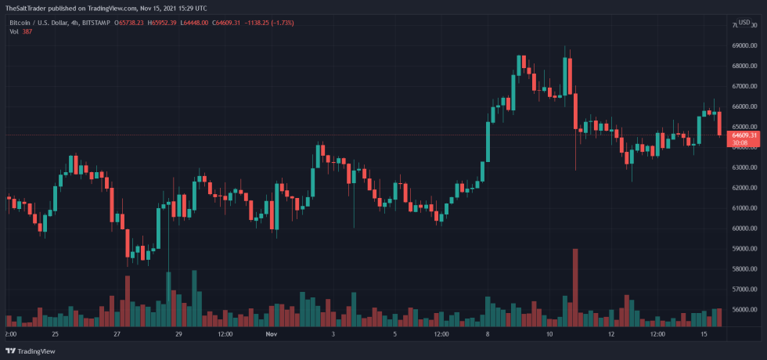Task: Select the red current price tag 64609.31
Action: (743, 135)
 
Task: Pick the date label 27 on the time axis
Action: (116, 334)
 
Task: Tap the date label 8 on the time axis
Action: (488, 334)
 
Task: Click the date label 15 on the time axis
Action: (705, 334)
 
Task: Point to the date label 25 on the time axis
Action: (54, 334)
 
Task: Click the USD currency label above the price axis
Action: (744, 22)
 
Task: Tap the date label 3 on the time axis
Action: (333, 334)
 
